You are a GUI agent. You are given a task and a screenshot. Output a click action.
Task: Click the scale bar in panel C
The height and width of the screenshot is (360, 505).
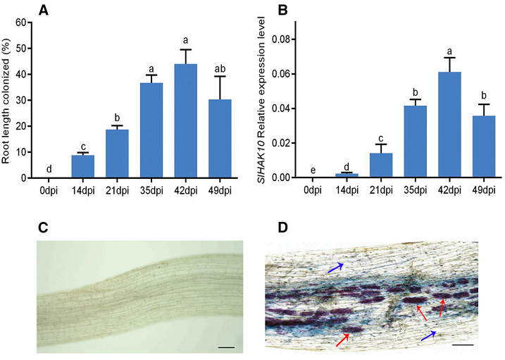(x=226, y=347)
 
